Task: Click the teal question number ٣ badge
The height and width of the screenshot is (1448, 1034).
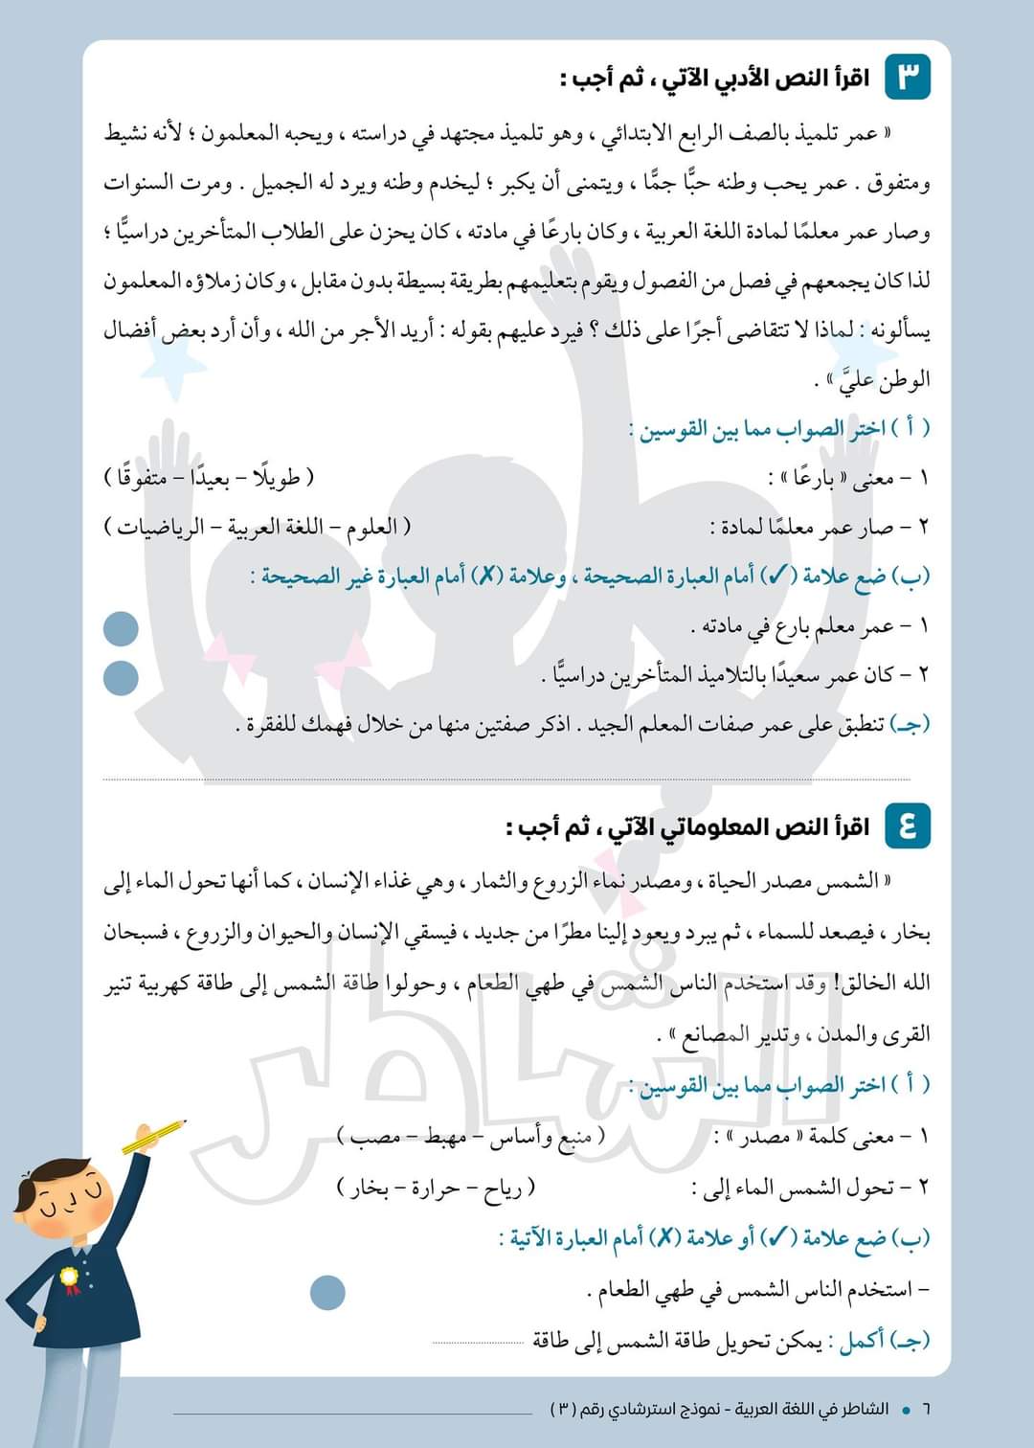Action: coord(908,77)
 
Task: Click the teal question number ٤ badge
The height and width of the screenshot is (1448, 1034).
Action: coord(908,825)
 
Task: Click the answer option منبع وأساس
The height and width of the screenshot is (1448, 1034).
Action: coord(546,1137)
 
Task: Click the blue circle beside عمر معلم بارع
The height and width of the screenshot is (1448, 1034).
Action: coord(121,629)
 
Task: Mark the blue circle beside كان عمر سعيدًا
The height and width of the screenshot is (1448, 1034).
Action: coord(121,678)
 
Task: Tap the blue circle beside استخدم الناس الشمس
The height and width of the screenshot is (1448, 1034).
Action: coord(327,1293)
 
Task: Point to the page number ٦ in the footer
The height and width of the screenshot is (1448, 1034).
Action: coord(926,1410)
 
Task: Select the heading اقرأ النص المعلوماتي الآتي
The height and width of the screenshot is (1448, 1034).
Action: coord(688,826)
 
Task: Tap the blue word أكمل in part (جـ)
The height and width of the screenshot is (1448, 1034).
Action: coord(862,1341)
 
